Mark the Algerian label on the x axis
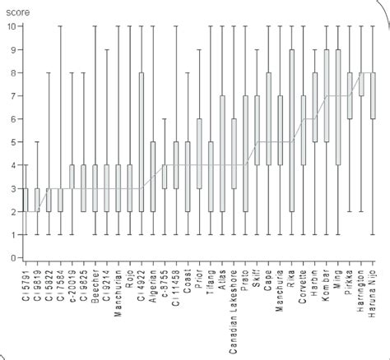pos(152,287)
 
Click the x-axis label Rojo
pos(129,280)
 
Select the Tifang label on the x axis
pos(211,284)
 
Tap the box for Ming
pos(338,107)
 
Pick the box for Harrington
pos(362,84)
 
